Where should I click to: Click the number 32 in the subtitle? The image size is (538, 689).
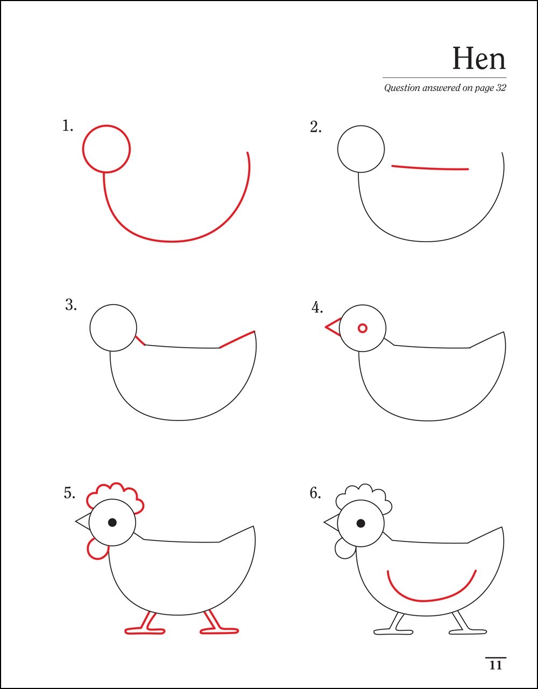pyautogui.click(x=501, y=88)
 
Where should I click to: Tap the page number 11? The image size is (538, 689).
pyautogui.click(x=496, y=665)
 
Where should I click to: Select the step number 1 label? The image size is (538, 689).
pyautogui.click(x=67, y=126)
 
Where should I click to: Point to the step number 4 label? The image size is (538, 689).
pyautogui.click(x=317, y=307)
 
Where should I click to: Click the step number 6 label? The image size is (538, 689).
pyautogui.click(x=315, y=493)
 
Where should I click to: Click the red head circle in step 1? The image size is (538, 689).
pyautogui.click(x=107, y=125)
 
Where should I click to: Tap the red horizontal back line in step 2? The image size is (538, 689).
pyautogui.click(x=430, y=168)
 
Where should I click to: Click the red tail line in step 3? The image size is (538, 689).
pyautogui.click(x=237, y=340)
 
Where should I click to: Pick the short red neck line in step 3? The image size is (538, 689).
pyautogui.click(x=140, y=340)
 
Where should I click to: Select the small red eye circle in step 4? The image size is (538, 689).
pyautogui.click(x=363, y=328)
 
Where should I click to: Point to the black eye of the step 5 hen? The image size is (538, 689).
pyautogui.click(x=112, y=522)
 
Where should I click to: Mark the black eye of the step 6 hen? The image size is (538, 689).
pyautogui.click(x=360, y=523)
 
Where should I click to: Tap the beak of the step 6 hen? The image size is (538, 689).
pyautogui.click(x=331, y=522)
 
